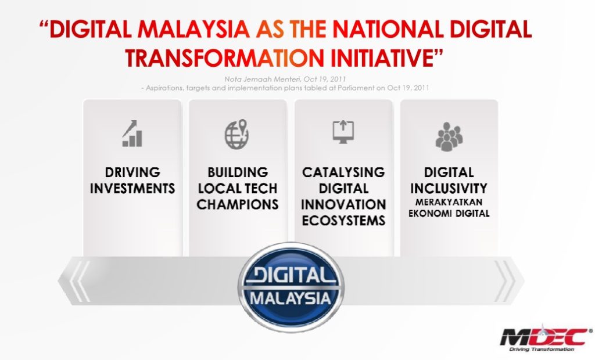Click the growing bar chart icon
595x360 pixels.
[132, 134]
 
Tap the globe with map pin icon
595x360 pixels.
[237, 134]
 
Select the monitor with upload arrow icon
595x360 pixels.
[343, 132]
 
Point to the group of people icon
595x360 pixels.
[449, 136]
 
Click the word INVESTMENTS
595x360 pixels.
[132, 189]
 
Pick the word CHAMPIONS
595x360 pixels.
[238, 204]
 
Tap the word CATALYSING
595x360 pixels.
[343, 172]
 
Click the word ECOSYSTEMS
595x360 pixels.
[343, 221]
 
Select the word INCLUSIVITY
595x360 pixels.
[449, 189]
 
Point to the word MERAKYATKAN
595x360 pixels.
[449, 203]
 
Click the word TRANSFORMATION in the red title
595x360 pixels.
[224, 57]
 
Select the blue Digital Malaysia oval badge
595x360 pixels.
[291, 287]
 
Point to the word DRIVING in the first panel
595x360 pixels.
[132, 172]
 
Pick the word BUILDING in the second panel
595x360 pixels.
[238, 172]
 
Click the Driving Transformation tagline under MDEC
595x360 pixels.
[542, 349]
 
